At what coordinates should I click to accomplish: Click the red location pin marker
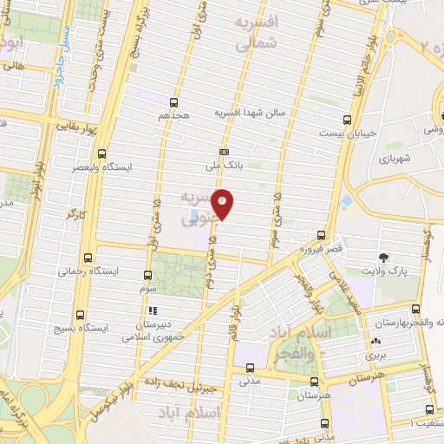(223, 204)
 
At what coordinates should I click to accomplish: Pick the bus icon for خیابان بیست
(347, 121)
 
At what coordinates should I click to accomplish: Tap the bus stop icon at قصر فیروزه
(321, 234)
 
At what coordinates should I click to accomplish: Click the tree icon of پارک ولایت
(383, 257)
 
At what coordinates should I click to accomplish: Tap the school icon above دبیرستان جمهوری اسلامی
(151, 310)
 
